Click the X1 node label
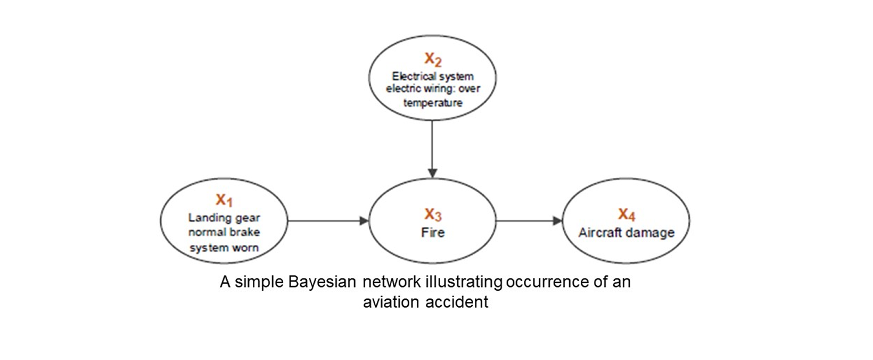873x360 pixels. [x=224, y=200]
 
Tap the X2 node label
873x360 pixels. [x=433, y=59]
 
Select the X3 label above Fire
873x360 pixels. [x=433, y=214]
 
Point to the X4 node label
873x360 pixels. [x=627, y=214]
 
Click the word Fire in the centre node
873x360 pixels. [x=433, y=233]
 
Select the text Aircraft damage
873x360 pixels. [x=627, y=233]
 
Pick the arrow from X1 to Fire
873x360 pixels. [x=328, y=221]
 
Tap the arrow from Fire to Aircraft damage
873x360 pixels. [x=529, y=221]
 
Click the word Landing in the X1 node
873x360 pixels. [x=205, y=217]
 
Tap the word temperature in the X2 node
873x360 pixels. [x=433, y=103]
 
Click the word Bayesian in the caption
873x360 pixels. [x=322, y=282]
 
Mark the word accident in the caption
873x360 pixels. [x=457, y=302]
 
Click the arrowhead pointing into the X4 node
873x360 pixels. [x=558, y=221]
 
